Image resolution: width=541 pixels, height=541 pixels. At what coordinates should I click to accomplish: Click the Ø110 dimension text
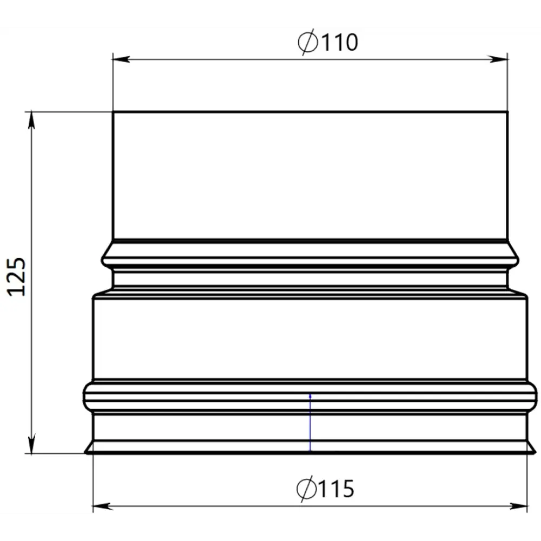pos(328,42)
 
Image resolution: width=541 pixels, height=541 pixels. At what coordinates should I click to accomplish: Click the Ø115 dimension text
pos(326,489)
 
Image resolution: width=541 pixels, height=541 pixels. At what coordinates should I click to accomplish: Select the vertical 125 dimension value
pos(17,276)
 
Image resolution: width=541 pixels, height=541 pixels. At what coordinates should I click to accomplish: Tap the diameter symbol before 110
pos(308,42)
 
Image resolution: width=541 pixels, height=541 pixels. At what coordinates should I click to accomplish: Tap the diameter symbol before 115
pos(306,489)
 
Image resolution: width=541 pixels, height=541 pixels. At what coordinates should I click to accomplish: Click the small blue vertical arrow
pos(310,423)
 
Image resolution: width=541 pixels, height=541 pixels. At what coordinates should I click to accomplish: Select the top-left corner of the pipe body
pos(113,112)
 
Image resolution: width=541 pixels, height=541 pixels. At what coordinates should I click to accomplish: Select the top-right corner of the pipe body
pos(507,112)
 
